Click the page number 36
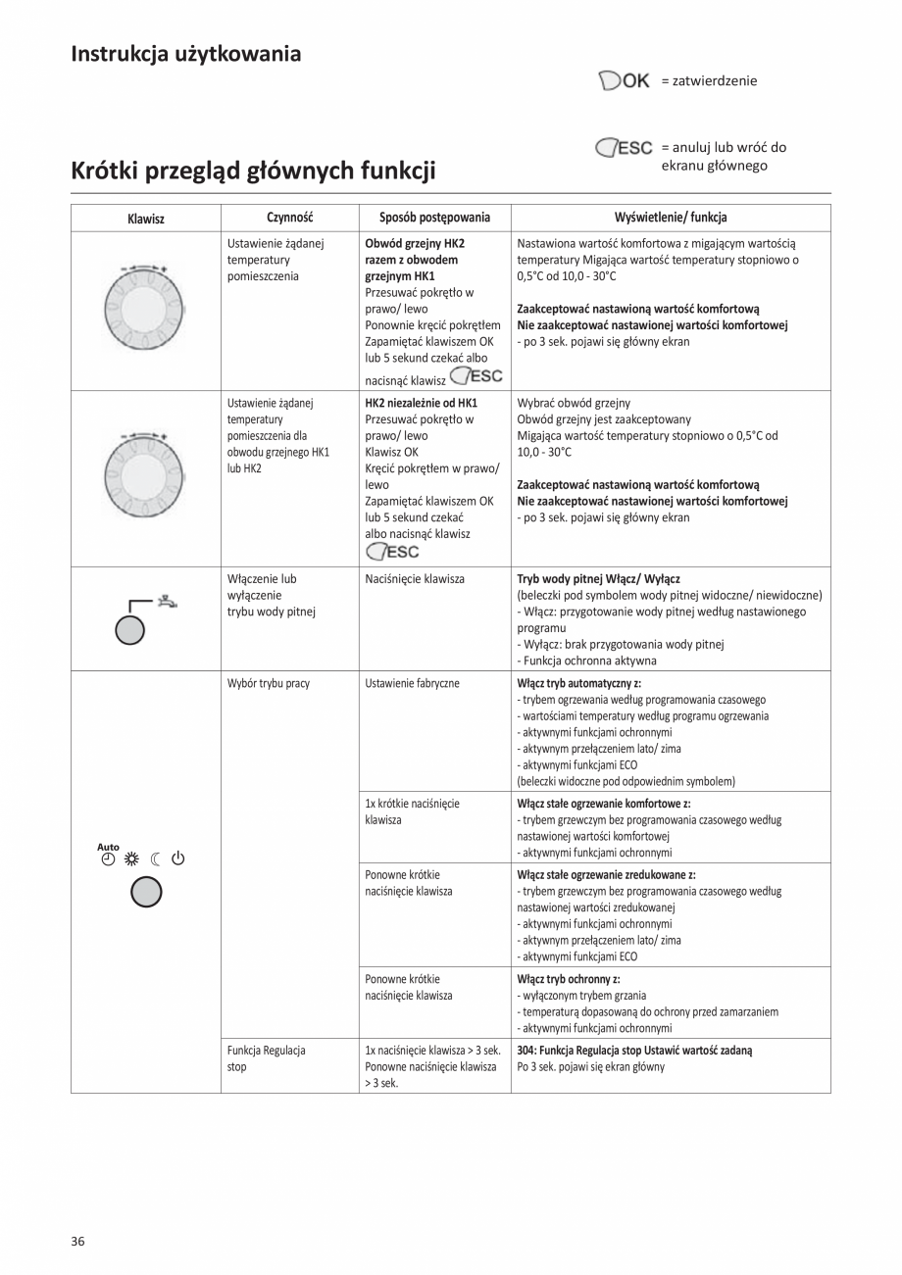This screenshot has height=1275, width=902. coord(77,1241)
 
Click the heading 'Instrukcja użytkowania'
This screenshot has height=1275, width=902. coord(185,54)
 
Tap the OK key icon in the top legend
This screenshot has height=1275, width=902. coord(624,80)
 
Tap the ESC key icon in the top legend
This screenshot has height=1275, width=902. coord(624,148)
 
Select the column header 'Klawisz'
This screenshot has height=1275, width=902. coord(146,218)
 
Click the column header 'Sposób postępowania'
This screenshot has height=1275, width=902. coord(434,218)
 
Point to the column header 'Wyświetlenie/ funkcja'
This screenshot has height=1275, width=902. coord(670,218)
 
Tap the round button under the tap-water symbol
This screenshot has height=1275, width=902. coord(129,630)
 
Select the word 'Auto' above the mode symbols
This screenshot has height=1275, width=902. coord(108,847)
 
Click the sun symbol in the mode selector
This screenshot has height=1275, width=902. coord(131,860)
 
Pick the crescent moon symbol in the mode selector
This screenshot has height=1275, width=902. coord(155,860)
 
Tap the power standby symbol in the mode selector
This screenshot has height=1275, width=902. coord(177,860)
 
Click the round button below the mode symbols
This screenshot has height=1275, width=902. coord(145,892)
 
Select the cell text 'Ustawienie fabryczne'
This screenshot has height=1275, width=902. coord(412,683)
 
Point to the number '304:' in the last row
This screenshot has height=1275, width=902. coord(526,1050)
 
